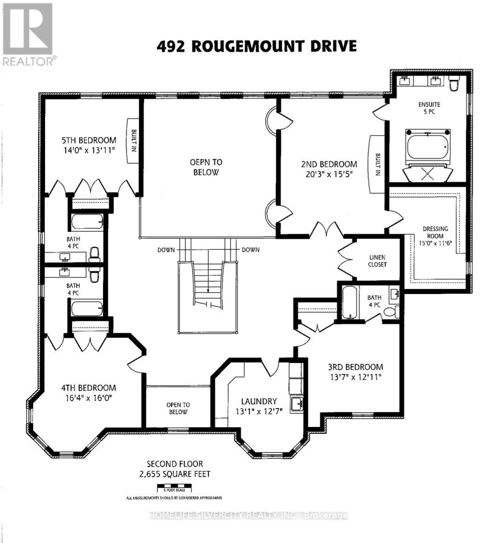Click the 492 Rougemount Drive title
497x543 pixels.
tap(256, 46)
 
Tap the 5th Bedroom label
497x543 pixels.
tap(89, 140)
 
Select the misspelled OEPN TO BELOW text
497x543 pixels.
tap(206, 167)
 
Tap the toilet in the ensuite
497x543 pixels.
tap(454, 84)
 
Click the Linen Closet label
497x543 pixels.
tap(377, 261)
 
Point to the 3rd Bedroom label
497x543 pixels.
tap(355, 367)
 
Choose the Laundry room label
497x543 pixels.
tap(259, 401)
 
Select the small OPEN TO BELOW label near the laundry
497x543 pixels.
tap(178, 408)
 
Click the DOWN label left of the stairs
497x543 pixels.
tap(166, 250)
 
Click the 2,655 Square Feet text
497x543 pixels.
tap(174, 474)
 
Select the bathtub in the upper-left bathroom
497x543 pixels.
tap(87, 222)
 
